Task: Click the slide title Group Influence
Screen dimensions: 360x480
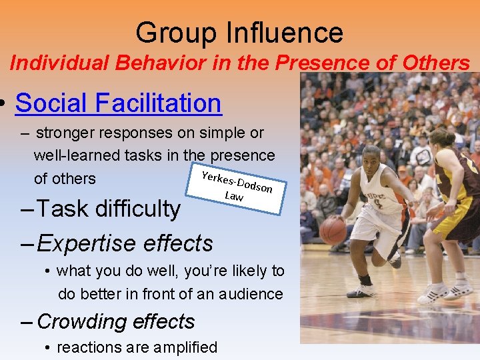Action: pyautogui.click(x=239, y=32)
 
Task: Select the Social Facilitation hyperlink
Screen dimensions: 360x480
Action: pyautogui.click(x=118, y=103)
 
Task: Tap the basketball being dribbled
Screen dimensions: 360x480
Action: pyautogui.click(x=333, y=229)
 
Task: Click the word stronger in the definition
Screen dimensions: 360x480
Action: pyautogui.click(x=65, y=133)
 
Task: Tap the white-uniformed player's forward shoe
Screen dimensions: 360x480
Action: pyautogui.click(x=361, y=291)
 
